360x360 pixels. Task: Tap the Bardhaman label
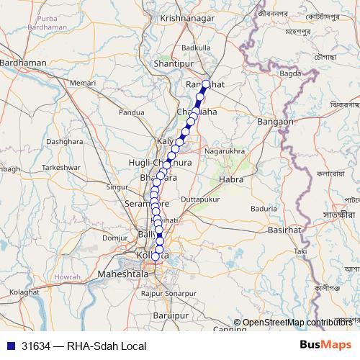(x=25, y=63)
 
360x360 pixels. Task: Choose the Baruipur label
(x=171, y=315)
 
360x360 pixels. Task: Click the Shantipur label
(x=175, y=63)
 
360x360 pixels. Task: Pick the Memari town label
(x=83, y=84)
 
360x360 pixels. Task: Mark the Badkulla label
(x=197, y=48)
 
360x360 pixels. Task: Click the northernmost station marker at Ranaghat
(x=206, y=84)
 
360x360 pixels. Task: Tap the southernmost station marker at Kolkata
(x=156, y=256)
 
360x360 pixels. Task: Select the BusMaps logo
(x=325, y=345)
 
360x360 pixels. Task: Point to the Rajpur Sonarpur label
(x=169, y=294)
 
